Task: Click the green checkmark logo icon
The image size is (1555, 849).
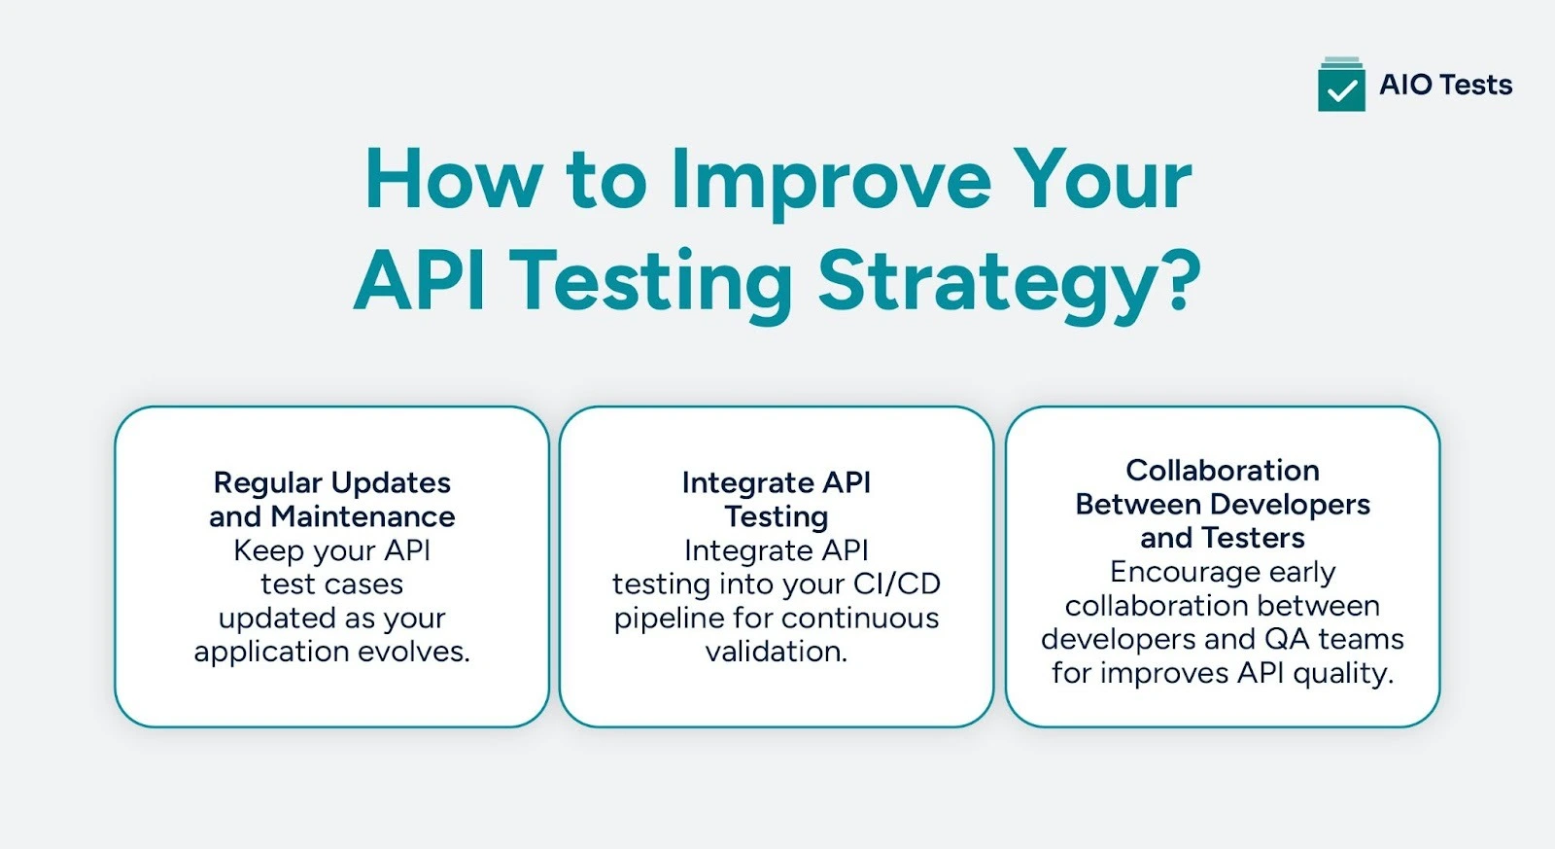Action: pyautogui.click(x=1341, y=86)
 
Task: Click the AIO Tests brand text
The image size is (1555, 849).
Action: pyautogui.click(x=1445, y=85)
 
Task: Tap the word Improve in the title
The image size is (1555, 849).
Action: pyautogui.click(x=831, y=181)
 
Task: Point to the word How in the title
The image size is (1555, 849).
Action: pyautogui.click(x=452, y=181)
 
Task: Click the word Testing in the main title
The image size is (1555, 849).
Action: pyautogui.click(x=651, y=282)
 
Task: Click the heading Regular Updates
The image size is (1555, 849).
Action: pyautogui.click(x=332, y=482)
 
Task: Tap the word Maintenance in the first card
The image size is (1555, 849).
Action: pyautogui.click(x=363, y=516)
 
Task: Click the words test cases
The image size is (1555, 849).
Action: pyautogui.click(x=331, y=584)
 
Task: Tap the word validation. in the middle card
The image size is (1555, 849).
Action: pyautogui.click(x=777, y=652)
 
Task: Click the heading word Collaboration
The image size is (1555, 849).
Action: pyautogui.click(x=1223, y=471)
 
